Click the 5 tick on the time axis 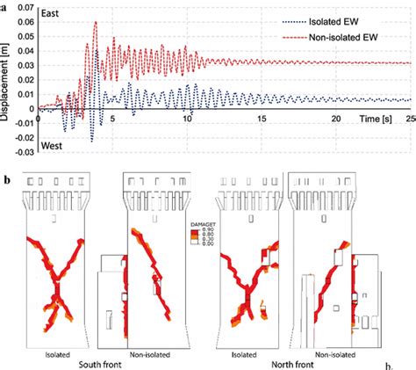111,117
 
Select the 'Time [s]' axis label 375,117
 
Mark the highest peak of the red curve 96,23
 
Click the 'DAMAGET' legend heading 204,225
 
